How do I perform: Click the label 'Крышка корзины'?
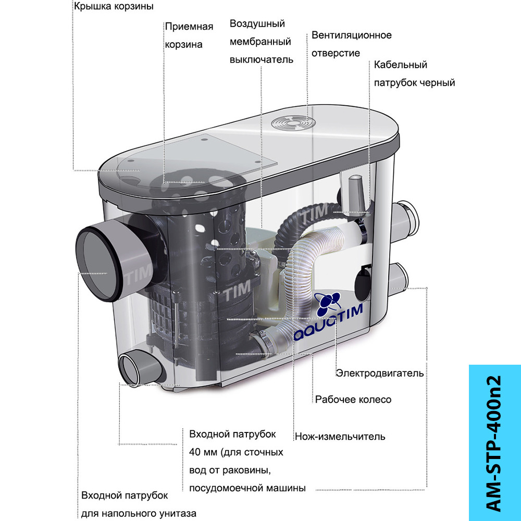(x=114, y=7)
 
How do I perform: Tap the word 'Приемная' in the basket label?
(x=189, y=27)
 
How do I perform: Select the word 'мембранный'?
(x=260, y=42)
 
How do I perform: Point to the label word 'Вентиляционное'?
(x=352, y=35)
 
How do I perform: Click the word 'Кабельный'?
(x=400, y=65)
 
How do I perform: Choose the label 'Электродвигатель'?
(x=380, y=374)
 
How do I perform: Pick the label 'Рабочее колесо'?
(x=353, y=400)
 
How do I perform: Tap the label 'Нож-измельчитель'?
(x=340, y=436)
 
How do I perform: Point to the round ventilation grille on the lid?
(x=293, y=123)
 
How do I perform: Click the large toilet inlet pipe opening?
(x=98, y=263)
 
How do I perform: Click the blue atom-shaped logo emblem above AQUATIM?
(x=328, y=304)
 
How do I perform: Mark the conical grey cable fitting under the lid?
(x=355, y=194)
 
